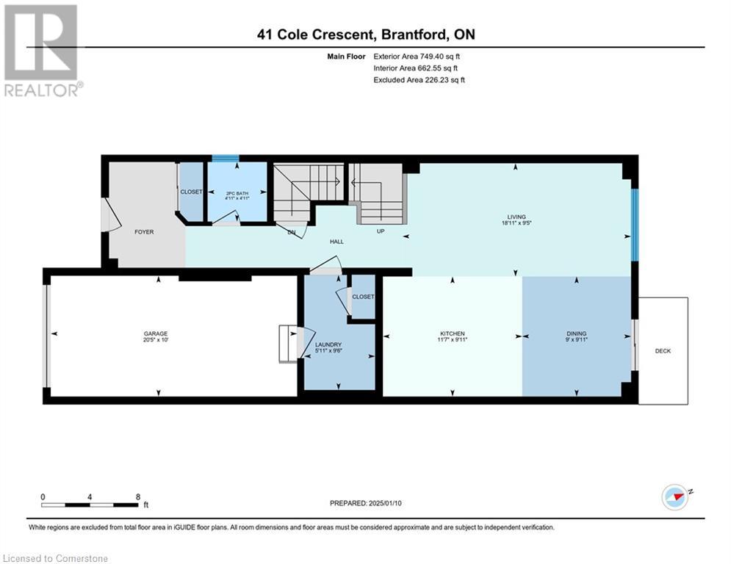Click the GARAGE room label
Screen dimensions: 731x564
155,333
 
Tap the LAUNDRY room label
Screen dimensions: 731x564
328,345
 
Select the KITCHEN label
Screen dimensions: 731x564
453,333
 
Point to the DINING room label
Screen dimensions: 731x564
576,333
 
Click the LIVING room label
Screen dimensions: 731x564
516,217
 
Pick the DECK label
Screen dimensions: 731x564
663,351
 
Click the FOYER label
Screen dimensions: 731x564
144,231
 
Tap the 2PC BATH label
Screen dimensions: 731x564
237,193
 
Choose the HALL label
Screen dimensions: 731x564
336,242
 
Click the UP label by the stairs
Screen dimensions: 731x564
381,231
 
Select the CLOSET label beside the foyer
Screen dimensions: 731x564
191,192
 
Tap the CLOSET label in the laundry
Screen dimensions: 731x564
363,297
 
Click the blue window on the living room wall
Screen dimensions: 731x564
635,225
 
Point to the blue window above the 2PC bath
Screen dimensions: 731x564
226,159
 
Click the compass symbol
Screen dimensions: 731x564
675,497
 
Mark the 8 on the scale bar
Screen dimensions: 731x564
138,497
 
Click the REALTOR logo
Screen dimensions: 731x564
42,51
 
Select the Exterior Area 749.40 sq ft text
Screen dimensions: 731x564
417,57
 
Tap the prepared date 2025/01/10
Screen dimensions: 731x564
385,503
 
